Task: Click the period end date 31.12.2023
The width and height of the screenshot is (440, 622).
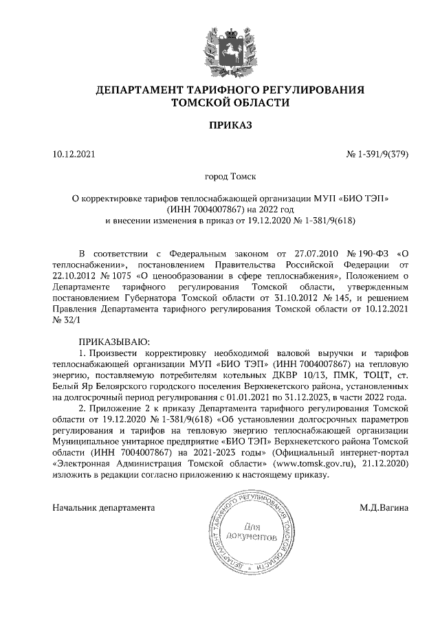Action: [x=313, y=396]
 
